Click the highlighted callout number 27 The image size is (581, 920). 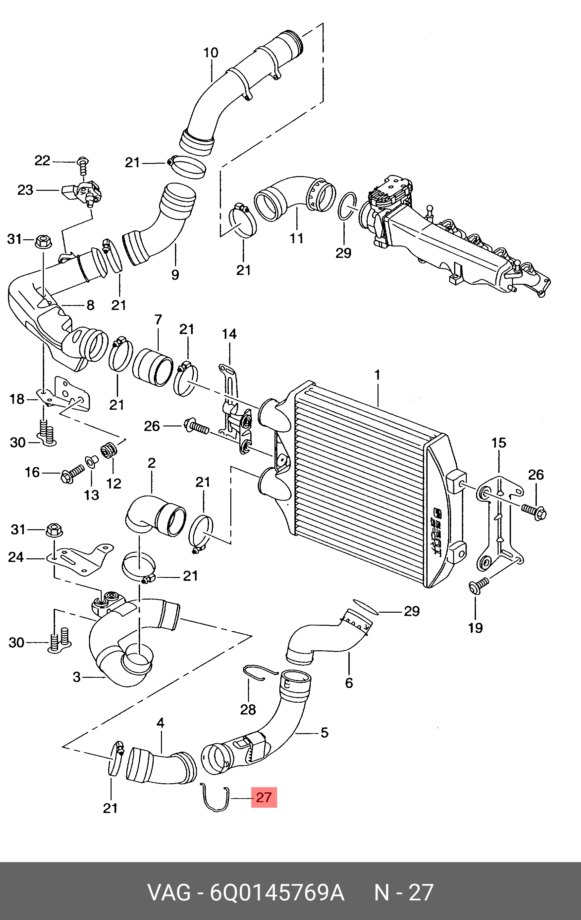point(264,797)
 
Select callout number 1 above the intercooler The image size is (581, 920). point(378,375)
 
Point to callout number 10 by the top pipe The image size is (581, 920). point(211,53)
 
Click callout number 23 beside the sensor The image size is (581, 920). point(26,190)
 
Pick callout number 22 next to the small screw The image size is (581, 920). point(43,160)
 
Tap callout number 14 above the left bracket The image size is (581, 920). point(229,334)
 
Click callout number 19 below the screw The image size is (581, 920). point(476,627)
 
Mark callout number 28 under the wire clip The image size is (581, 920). point(248,710)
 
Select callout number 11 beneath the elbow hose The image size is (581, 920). point(296,238)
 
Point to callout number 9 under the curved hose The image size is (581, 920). point(175,274)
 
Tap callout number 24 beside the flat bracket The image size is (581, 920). point(16,557)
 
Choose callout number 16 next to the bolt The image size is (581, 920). point(32,472)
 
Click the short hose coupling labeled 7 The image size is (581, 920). point(152,366)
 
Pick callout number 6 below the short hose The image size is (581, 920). point(349,683)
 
